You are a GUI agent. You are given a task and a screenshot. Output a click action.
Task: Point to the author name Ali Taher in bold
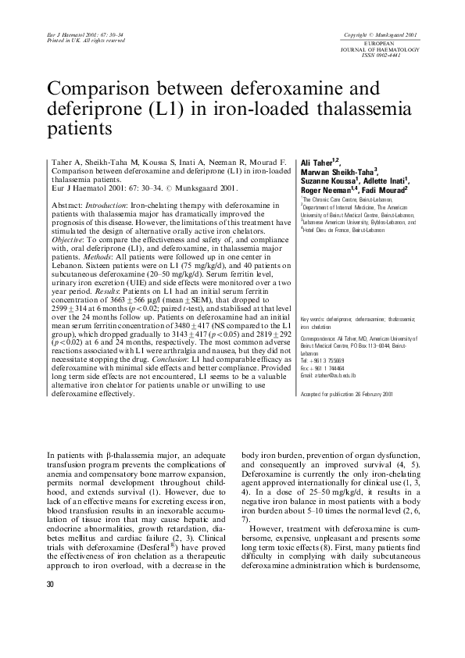317,160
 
